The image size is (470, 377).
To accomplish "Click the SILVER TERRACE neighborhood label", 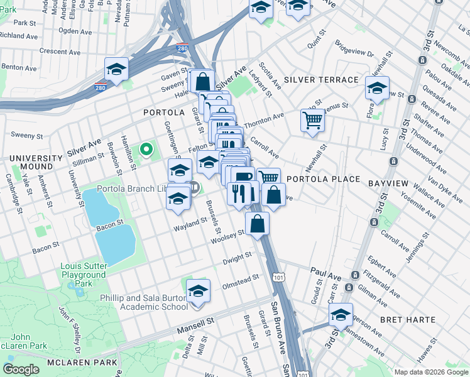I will click(321, 80).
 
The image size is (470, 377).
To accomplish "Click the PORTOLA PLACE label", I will click(323, 179).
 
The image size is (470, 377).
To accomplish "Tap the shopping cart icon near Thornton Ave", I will click(312, 119).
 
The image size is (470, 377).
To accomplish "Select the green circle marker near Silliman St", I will click(146, 149).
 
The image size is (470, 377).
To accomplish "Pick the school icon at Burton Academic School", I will click(198, 291).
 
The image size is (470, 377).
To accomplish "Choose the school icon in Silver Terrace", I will click(377, 88).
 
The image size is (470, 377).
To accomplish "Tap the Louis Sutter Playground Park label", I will click(83, 275).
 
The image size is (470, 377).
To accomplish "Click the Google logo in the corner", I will click(21, 369).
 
